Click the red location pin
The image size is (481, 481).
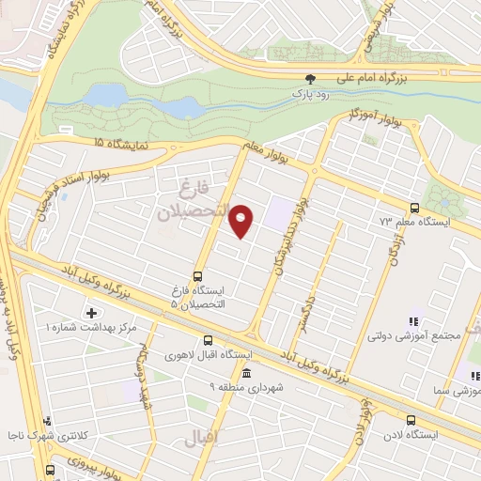tap(241, 221)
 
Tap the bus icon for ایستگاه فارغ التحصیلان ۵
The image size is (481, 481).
tap(197, 276)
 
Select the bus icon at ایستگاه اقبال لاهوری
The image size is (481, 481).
tap(208, 341)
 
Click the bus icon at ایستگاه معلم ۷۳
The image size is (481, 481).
tap(415, 208)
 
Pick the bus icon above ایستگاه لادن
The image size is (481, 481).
tap(410, 420)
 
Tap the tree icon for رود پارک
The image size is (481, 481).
tap(311, 80)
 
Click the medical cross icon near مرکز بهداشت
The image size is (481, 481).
tap(91, 312)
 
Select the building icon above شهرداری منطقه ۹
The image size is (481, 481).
tap(246, 373)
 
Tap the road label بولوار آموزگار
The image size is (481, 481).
tap(343, 115)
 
